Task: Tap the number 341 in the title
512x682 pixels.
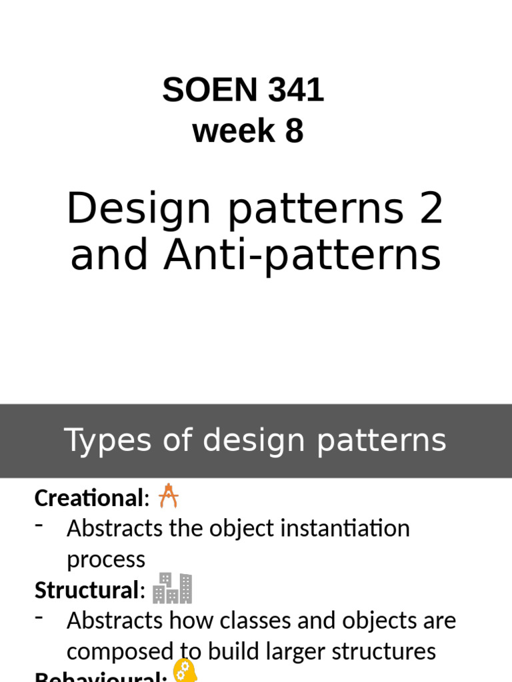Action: click(x=296, y=91)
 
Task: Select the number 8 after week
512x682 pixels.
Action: click(x=294, y=131)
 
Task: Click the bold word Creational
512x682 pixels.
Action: click(x=89, y=498)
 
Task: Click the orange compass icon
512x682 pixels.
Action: click(x=169, y=496)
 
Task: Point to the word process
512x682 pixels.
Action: click(x=105, y=559)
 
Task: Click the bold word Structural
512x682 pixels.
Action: click(x=86, y=590)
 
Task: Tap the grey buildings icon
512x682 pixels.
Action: click(x=172, y=588)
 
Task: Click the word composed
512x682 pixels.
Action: click(x=119, y=651)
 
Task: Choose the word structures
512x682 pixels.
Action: click(x=386, y=651)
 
